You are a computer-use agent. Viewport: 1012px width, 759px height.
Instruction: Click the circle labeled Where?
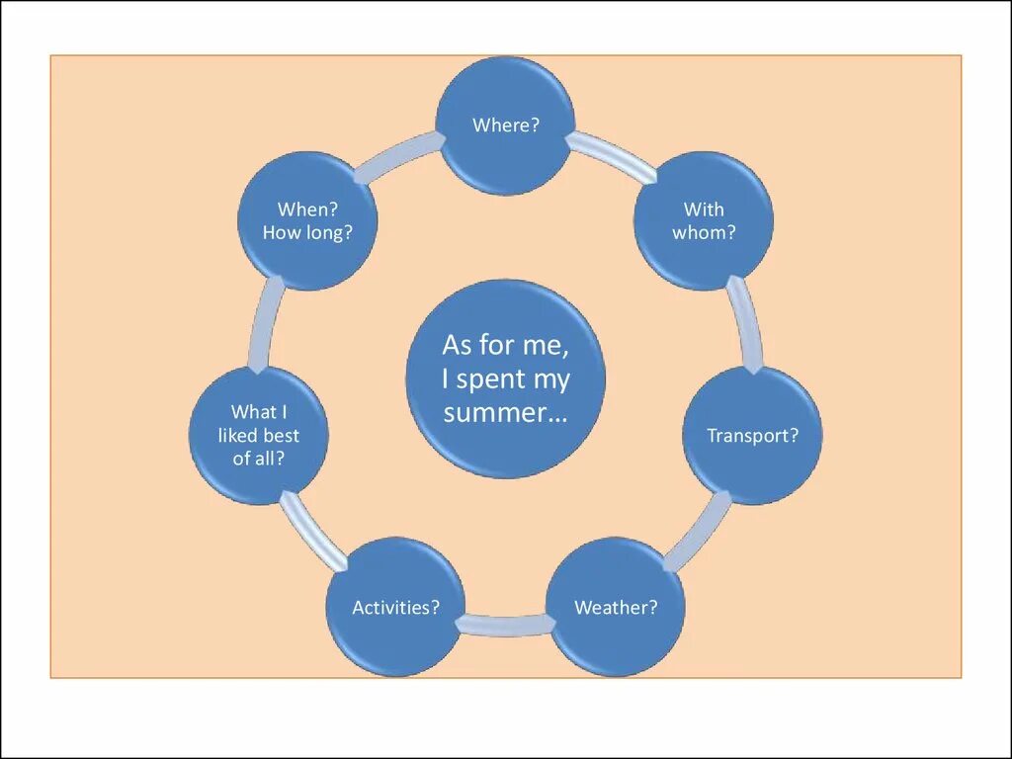point(505,126)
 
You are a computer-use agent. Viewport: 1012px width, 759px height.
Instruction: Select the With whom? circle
point(703,220)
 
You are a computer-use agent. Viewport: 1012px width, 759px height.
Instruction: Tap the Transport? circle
point(752,435)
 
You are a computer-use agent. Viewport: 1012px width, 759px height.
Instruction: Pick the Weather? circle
point(616,607)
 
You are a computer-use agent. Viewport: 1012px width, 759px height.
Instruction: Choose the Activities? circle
point(395,607)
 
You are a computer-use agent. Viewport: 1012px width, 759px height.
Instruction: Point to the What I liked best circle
point(259,435)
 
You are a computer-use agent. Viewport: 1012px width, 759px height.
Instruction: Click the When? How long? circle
point(307,220)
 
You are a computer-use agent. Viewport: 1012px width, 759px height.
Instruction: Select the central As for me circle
point(505,379)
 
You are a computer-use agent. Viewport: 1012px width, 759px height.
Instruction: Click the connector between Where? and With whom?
point(610,158)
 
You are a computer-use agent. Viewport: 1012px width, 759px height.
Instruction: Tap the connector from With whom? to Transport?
point(746,327)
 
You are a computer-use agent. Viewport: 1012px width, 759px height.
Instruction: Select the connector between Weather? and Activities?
point(505,625)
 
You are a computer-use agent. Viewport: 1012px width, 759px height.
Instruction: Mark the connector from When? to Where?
point(396,158)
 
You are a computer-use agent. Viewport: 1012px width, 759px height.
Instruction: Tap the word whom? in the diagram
point(704,233)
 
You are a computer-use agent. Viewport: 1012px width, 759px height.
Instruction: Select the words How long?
point(307,233)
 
